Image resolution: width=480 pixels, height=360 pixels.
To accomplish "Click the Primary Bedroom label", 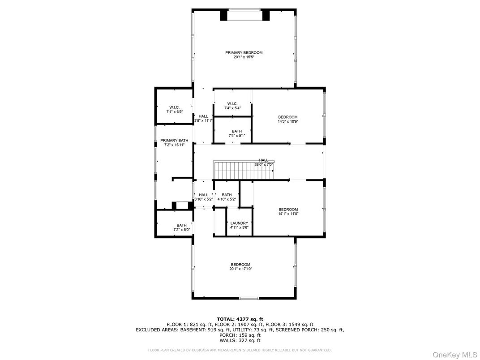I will point(244,52).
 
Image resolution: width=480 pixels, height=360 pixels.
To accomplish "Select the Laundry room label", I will point(239,223).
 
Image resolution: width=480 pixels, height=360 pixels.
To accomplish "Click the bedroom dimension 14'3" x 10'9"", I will point(288,121).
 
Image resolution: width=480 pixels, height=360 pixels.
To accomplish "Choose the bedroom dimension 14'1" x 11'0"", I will point(288,214).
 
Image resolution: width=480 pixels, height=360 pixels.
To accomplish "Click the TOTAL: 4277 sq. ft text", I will point(240,319).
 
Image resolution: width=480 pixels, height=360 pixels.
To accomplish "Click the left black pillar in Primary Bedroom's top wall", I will point(224,15).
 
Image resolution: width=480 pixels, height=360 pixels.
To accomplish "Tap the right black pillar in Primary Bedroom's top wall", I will point(266,15).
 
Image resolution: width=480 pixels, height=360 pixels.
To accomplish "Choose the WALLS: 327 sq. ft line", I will point(240,340).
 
